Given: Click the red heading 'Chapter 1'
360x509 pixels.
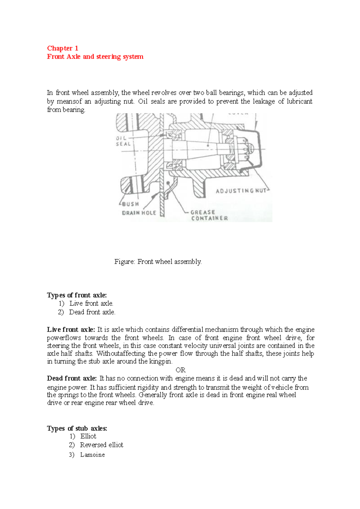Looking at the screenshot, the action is click(x=62, y=48).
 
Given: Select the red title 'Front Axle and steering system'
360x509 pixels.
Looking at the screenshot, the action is click(x=95, y=57).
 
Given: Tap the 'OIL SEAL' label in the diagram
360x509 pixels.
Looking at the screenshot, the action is click(x=123, y=141).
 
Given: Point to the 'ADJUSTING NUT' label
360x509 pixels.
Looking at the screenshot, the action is click(x=241, y=191).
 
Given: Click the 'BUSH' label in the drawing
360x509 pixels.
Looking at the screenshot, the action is click(x=130, y=204).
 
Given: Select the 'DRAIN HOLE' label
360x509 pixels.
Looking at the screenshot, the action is click(x=139, y=213).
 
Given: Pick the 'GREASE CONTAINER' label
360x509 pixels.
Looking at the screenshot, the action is click(x=209, y=215).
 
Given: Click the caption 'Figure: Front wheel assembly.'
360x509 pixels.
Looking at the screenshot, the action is click(x=158, y=262).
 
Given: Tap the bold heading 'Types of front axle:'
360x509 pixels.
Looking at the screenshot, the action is click(x=77, y=295).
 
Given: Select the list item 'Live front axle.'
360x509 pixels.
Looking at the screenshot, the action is click(x=91, y=303).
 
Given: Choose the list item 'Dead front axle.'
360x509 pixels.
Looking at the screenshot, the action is click(x=92, y=312).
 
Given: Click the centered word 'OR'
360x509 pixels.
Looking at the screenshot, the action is click(x=181, y=370).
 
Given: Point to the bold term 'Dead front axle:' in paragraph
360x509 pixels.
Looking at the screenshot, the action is click(x=72, y=378).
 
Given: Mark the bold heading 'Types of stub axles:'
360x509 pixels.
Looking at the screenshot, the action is click(x=77, y=428).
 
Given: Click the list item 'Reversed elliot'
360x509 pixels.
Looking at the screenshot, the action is click(x=101, y=445).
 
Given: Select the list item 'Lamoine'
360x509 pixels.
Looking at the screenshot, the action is click(x=92, y=455).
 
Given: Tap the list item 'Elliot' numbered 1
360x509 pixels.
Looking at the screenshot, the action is click(x=88, y=436).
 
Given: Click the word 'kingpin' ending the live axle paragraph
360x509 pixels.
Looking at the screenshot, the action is click(x=161, y=362).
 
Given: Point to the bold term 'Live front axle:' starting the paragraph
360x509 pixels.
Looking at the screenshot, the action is click(x=71, y=330).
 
